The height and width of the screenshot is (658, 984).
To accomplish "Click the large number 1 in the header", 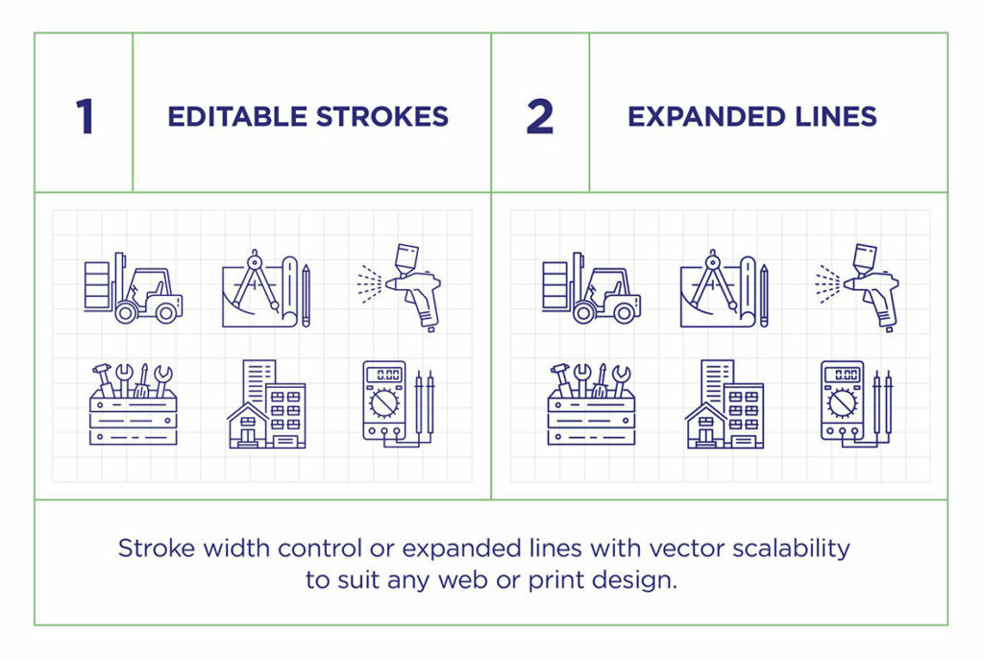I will pos(85,116).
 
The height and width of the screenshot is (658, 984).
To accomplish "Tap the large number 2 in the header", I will pos(540,116).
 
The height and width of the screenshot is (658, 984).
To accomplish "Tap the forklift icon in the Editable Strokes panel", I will pos(134,287).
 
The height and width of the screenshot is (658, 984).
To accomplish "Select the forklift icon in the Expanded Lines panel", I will pos(592,287).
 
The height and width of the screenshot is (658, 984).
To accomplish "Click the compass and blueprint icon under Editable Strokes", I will pos(266,288).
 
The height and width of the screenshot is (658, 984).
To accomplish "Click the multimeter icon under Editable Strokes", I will pos(398,403).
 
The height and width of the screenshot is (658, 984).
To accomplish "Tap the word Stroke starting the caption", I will pos(153,548).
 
